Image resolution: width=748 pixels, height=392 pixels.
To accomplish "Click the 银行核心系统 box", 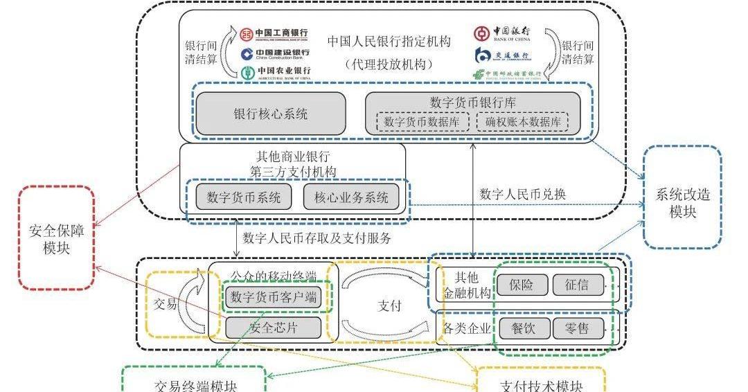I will coord(270,114).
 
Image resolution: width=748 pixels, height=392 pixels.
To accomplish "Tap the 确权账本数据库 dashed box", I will coord(522,122).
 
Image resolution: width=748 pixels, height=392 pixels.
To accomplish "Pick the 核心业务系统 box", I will coord(351,197).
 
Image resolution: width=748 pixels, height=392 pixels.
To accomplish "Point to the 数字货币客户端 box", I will coord(274,298).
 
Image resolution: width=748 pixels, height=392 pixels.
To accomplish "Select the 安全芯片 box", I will coord(274,328).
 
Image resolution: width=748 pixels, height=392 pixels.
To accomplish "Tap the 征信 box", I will coord(578,285).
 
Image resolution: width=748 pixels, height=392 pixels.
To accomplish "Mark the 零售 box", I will coord(578,328).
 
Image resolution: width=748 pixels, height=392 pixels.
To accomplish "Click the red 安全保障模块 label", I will coord(57,239).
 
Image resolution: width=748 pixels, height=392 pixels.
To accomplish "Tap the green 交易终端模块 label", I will coord(194,384).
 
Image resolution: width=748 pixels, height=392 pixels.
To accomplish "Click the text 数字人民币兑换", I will coord(522,194).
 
